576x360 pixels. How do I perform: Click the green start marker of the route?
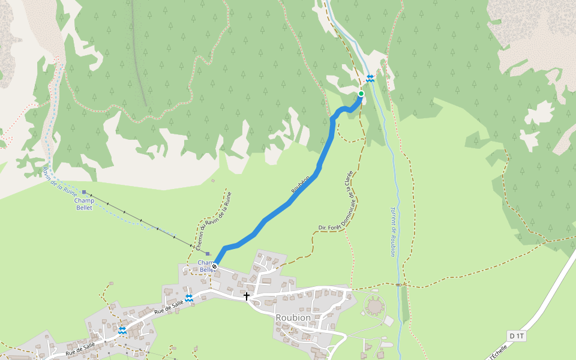[x=361, y=94]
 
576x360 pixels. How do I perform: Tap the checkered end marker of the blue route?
[x=214, y=266]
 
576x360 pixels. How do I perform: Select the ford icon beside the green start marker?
[x=370, y=79]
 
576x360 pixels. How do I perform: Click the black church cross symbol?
[x=246, y=296]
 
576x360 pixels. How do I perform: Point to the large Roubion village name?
[x=293, y=317]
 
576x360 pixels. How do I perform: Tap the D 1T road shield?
[x=516, y=336]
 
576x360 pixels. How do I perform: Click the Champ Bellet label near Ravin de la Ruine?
[x=84, y=204]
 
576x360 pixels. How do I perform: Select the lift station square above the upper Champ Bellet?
[x=85, y=193]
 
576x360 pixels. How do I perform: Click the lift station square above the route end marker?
[x=208, y=254]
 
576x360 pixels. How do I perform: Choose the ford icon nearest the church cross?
[x=188, y=298]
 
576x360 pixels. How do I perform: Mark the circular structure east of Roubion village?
[x=375, y=307]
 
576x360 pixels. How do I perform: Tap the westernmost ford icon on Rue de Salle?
[x=122, y=330]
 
